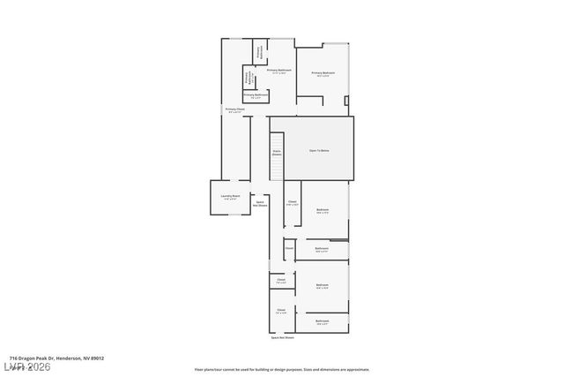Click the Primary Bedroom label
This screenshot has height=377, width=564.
[323, 74]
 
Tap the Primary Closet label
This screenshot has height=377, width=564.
[234, 110]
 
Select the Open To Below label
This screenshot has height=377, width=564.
[319, 151]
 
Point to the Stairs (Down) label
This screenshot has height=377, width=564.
[277, 153]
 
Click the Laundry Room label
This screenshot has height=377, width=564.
[230, 197]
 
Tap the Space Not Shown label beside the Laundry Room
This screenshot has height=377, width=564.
[261, 204]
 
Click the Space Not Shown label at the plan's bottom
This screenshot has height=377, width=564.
[283, 337]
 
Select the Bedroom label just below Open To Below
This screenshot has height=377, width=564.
[323, 210]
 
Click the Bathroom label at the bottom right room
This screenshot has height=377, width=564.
[323, 322]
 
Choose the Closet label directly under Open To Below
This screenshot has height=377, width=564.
[293, 203]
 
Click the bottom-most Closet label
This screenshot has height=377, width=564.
[281, 311]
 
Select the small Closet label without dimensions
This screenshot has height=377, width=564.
[289, 248]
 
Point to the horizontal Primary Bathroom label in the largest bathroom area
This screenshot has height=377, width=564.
[278, 71]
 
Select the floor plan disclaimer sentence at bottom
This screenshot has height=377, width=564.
[282, 370]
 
